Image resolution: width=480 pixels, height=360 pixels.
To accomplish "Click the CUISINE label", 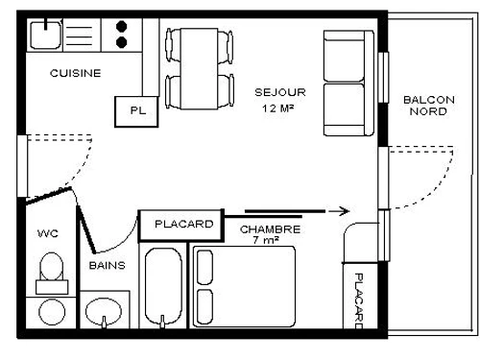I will (76, 73).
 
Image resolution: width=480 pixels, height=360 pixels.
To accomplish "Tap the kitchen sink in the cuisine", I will (44, 36).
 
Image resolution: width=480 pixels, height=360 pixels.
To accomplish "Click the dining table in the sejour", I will (200, 67).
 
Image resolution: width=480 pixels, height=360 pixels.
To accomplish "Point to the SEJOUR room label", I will (279, 92).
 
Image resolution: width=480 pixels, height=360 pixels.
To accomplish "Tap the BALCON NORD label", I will (428, 105).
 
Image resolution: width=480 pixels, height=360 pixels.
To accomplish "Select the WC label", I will (48, 233).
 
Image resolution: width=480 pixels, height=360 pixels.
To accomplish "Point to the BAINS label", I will (108, 265).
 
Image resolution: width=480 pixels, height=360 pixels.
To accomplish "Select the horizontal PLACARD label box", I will (182, 225).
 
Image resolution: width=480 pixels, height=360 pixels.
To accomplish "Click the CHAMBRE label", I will (270, 229).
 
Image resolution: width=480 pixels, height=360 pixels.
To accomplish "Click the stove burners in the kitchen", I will (123, 36).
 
